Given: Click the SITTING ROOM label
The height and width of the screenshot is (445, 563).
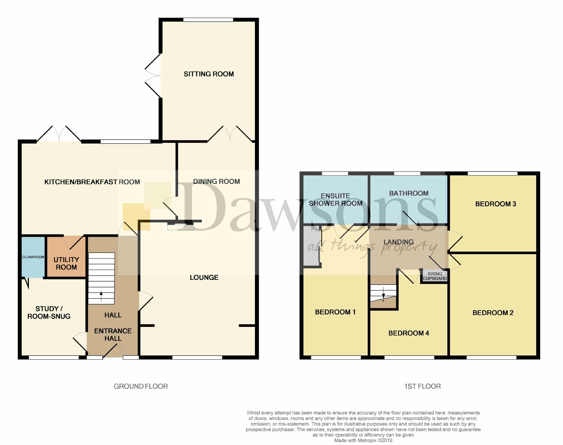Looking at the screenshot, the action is click(209, 74).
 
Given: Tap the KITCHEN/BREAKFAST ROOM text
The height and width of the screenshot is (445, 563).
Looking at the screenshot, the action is click(92, 182).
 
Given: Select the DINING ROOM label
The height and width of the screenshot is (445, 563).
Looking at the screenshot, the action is click(216, 181).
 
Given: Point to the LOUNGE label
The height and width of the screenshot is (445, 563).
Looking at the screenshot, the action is click(204, 277).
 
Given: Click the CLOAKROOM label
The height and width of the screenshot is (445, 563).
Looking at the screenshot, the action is click(33, 257).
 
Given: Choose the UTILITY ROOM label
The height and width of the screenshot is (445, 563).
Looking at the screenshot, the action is click(66, 263).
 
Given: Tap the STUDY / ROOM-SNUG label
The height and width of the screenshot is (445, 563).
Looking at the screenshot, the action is click(49, 313).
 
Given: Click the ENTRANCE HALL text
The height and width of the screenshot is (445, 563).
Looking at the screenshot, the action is click(113, 335).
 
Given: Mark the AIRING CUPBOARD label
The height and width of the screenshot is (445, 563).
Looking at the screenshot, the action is click(435, 276).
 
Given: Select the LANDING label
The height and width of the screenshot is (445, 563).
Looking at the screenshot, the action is click(399, 242).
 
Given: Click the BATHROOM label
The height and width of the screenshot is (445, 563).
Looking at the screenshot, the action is click(409, 193).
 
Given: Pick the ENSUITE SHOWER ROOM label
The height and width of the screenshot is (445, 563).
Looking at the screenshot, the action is click(336, 200).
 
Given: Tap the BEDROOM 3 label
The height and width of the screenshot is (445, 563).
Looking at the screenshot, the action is click(496, 204).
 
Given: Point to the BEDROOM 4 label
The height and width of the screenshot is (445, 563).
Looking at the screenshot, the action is click(409, 333).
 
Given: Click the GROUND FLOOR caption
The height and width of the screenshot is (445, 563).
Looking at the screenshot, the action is click(141, 386).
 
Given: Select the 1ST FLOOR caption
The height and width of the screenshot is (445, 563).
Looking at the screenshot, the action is click(422, 386).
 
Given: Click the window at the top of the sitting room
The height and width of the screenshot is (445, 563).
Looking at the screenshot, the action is click(208, 20).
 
